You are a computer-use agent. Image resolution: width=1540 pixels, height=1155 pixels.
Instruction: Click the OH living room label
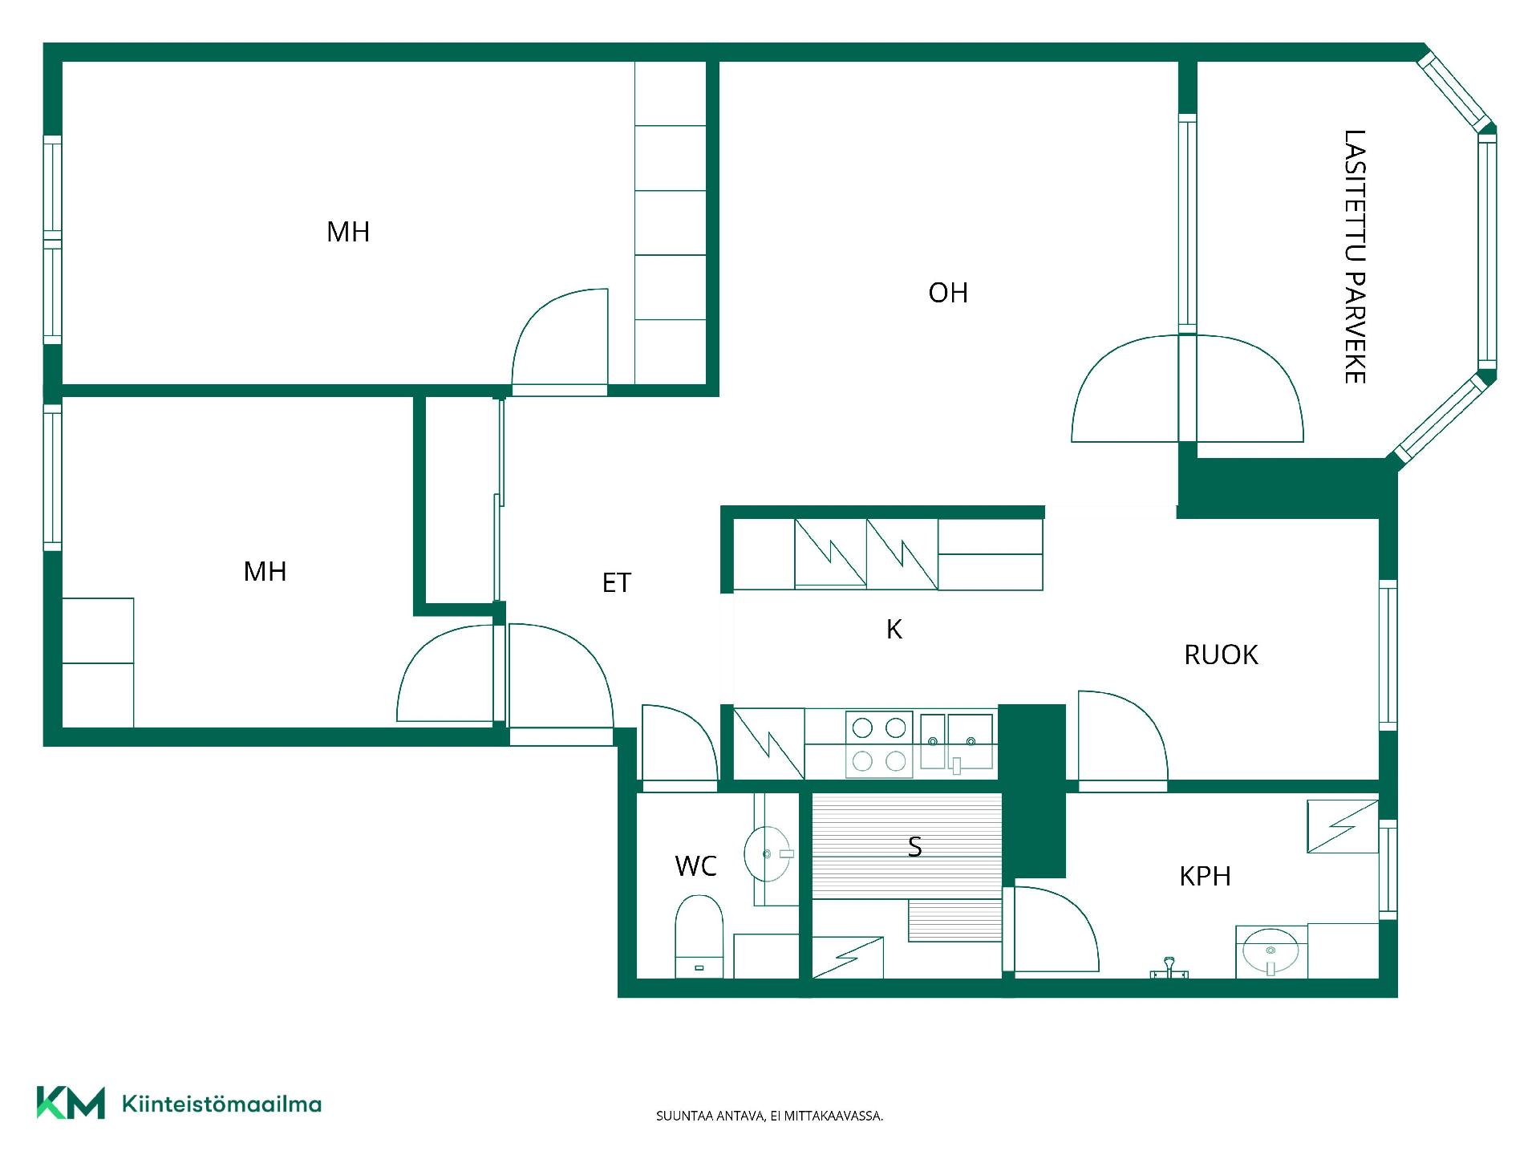(x=948, y=293)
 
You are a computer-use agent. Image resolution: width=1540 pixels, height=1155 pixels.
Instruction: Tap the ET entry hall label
(x=617, y=583)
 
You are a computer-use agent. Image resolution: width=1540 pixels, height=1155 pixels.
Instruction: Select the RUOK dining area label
(x=1221, y=655)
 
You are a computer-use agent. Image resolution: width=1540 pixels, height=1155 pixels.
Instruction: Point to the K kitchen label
(x=894, y=630)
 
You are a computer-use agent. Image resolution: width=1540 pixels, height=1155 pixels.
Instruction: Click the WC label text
(x=695, y=866)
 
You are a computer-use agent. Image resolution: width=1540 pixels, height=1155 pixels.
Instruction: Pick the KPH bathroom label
(x=1205, y=876)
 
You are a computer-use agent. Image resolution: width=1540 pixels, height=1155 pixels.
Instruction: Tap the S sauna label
(x=914, y=847)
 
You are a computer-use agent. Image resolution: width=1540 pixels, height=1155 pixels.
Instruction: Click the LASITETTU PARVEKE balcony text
(x=1355, y=257)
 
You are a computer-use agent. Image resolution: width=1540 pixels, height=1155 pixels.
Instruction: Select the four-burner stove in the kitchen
(x=879, y=744)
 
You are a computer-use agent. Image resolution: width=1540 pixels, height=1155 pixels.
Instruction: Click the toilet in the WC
(x=699, y=936)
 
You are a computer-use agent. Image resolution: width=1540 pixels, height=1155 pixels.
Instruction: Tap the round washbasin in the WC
(x=768, y=854)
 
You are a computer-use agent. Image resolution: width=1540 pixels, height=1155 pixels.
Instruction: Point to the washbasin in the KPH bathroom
(x=1270, y=952)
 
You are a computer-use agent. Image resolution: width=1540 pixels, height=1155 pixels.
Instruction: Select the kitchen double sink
(x=957, y=743)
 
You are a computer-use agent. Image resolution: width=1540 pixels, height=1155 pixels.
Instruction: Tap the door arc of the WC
(x=679, y=742)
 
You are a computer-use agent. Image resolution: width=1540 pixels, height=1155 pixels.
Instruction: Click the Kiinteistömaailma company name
(x=221, y=1104)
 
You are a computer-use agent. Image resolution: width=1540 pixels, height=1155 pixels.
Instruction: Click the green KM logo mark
(x=71, y=1102)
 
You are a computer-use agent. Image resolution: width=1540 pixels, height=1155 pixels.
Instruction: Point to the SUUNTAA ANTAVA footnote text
(x=769, y=1116)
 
